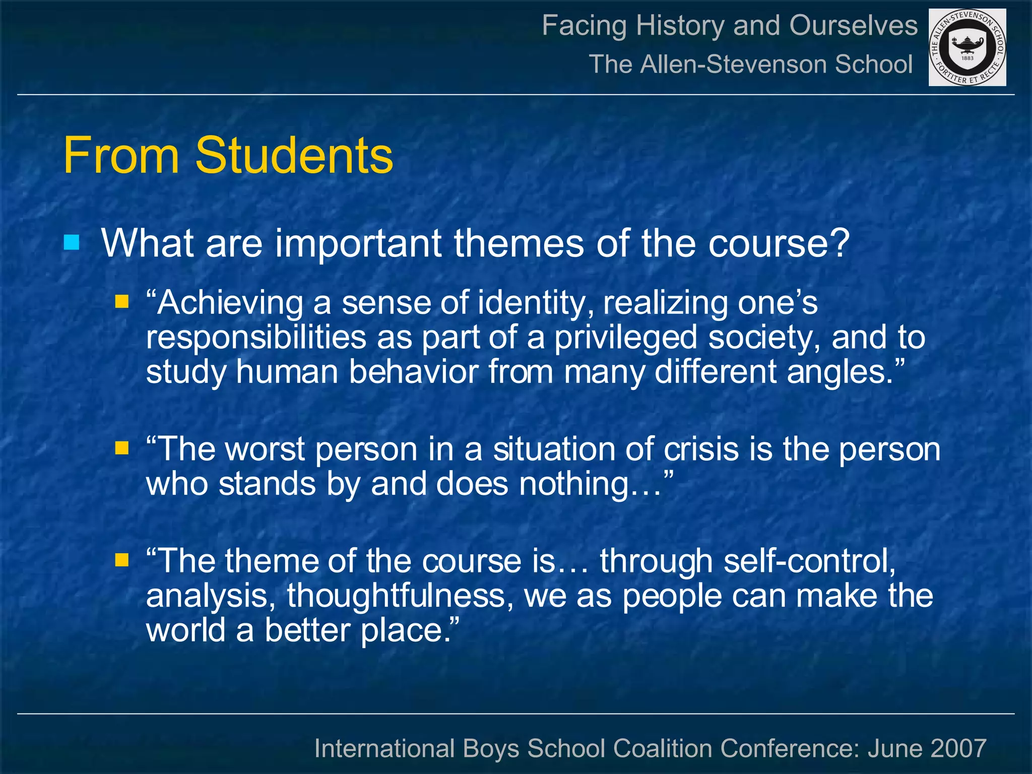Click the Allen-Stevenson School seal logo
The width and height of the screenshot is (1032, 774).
[x=967, y=47]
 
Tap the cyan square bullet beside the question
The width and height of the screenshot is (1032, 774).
[x=72, y=243]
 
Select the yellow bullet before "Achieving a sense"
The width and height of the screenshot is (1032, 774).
[x=121, y=302]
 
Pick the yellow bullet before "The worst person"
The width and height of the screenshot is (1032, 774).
[x=121, y=448]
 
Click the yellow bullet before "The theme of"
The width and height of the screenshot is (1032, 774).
[x=121, y=560]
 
